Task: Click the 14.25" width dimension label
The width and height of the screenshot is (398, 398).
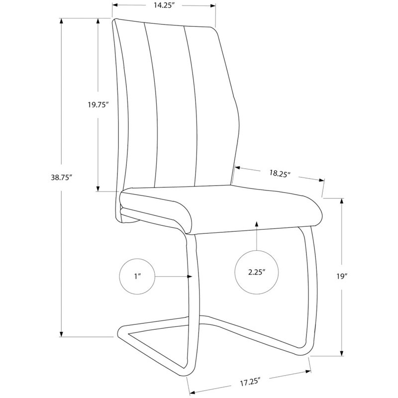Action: point(164,6)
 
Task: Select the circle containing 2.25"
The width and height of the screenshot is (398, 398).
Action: point(256,272)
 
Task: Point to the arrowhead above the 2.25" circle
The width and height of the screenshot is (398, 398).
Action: point(256,225)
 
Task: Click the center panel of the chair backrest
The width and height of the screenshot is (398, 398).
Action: point(167,104)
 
